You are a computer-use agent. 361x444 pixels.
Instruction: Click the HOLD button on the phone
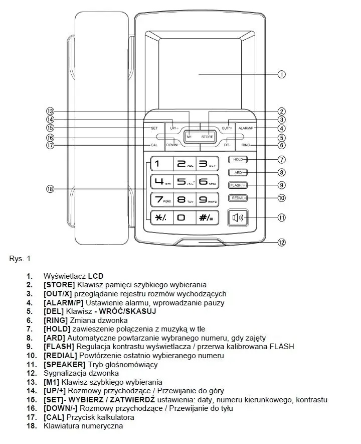click(238, 160)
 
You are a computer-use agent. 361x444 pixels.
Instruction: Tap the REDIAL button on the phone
click(238, 198)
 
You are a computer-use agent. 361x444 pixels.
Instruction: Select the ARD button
click(238, 172)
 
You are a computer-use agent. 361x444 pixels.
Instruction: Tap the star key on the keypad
click(160, 217)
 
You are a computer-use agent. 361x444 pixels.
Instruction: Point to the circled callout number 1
click(282, 74)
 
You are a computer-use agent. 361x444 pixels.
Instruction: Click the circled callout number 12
click(282, 243)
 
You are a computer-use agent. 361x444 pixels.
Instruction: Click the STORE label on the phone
click(207, 137)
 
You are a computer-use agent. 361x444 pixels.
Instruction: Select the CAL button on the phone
click(154, 145)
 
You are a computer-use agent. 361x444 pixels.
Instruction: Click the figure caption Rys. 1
click(20, 259)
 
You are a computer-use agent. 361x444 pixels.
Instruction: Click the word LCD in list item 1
click(96, 276)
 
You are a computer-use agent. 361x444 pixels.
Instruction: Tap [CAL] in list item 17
click(54, 417)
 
